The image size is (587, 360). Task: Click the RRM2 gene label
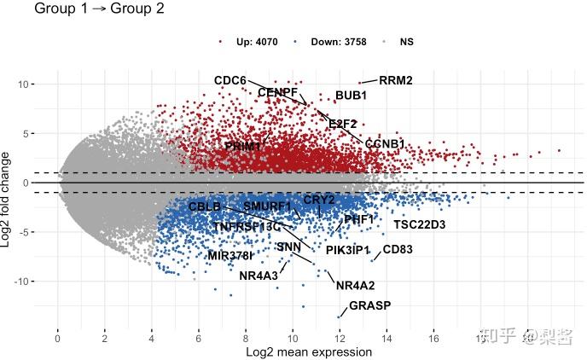[x=396, y=81]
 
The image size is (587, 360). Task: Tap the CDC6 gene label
[x=230, y=81]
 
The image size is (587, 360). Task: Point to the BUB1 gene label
[x=351, y=96]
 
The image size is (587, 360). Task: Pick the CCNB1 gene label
[x=385, y=144]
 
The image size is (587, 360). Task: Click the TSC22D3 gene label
[x=419, y=225]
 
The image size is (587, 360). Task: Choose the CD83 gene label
[x=398, y=250]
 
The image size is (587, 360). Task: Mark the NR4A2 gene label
[x=356, y=286]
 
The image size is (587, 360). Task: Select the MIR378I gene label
[x=230, y=255]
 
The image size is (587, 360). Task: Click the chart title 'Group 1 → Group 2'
[x=99, y=9]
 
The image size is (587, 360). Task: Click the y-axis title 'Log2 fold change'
[x=8, y=200]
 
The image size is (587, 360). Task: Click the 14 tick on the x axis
[x=387, y=338]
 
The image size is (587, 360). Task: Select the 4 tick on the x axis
[x=152, y=338]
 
